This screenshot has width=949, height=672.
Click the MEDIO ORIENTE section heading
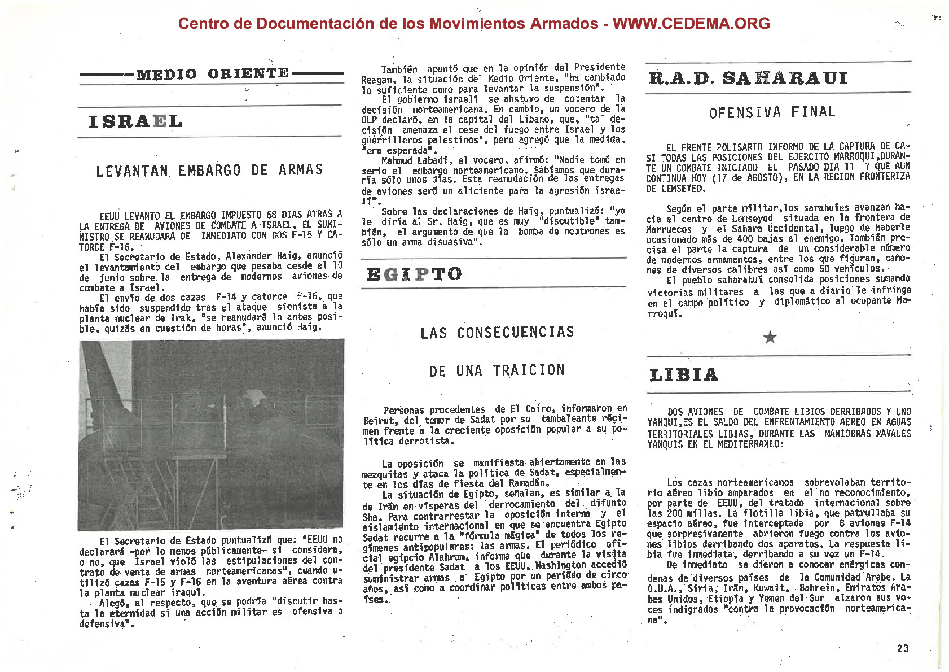213,74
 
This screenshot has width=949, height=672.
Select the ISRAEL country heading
135,121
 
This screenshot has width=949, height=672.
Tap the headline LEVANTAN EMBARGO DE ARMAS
209,171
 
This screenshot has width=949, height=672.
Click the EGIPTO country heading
414,274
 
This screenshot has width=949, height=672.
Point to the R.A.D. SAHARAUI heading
748,78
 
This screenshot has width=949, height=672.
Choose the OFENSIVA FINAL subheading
772,112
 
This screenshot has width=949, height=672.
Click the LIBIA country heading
684,375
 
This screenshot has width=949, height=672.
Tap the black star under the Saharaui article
770,337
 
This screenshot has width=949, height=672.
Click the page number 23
903,648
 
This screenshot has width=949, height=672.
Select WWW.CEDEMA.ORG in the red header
691,23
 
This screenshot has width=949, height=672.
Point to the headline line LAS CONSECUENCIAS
497,333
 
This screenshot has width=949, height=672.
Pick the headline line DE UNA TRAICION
497,370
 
